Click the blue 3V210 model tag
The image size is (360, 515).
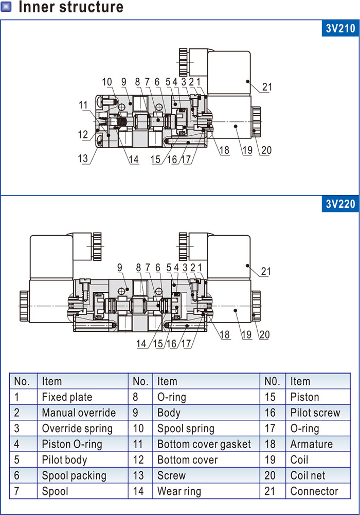click(340, 28)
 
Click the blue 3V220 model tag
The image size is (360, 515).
click(340, 204)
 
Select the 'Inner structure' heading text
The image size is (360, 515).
click(71, 7)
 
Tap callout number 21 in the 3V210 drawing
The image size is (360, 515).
click(267, 87)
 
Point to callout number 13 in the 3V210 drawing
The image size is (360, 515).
click(83, 158)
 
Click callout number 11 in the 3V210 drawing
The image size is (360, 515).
click(83, 105)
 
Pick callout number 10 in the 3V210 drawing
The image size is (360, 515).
click(107, 82)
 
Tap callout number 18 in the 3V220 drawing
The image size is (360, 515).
click(224, 334)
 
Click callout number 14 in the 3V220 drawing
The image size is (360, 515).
click(141, 344)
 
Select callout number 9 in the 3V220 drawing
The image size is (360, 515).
click(120, 268)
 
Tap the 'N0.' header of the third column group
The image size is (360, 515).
click(273, 381)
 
